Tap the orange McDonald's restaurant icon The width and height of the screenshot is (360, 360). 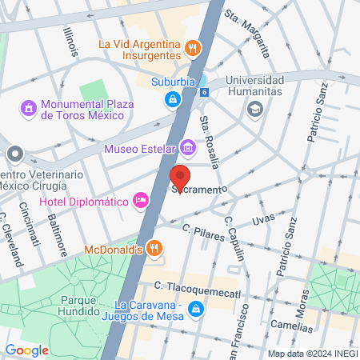(x=155, y=249)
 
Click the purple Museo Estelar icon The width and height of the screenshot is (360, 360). (x=187, y=147)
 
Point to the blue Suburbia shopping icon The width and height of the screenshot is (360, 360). (x=171, y=99)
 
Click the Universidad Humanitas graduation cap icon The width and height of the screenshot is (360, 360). (x=256, y=108)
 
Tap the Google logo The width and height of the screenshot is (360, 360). (x=27, y=350)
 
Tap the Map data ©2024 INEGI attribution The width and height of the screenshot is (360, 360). (x=311, y=353)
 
